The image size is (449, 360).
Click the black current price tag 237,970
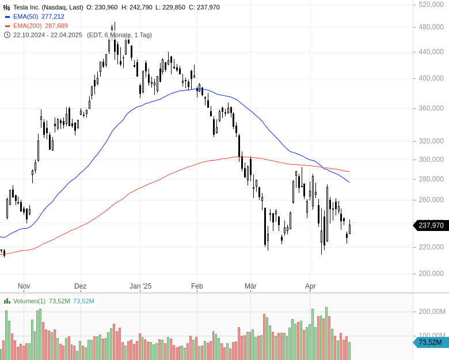point(431,226)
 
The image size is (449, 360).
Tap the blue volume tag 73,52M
point(431,343)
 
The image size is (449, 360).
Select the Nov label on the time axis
point(24,286)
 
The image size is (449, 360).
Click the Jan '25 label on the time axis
point(140,286)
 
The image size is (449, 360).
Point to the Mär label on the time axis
point(250,286)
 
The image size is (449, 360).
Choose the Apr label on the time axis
point(310,286)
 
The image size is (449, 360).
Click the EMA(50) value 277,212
point(53,17)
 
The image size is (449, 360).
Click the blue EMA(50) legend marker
point(7,17)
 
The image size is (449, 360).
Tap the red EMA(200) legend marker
point(7,26)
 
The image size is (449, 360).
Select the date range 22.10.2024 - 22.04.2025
point(48,35)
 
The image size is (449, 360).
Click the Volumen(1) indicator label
point(29,301)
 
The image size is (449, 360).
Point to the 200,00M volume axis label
point(432,312)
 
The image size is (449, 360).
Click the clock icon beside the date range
point(7,35)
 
